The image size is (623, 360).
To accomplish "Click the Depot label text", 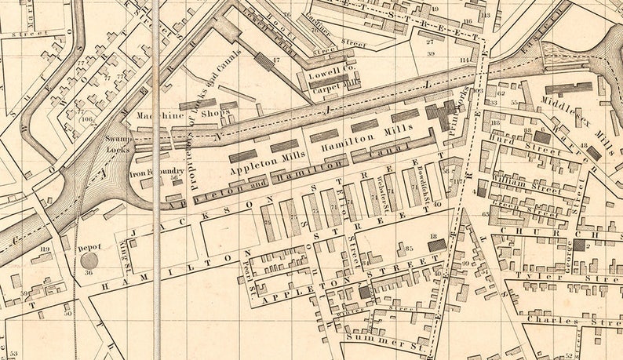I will click(89, 248).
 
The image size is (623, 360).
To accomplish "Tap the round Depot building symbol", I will click(89, 260).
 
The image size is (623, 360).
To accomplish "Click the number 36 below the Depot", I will click(89, 273).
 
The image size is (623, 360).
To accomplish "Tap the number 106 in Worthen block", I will click(86, 119).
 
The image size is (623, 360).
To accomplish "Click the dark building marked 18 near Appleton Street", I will click(437, 245).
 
